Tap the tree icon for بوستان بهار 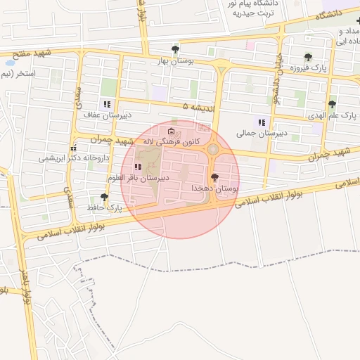point(175,49)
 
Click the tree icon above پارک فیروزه point(308,57)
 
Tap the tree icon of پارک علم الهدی point(332,104)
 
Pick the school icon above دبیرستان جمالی point(262,122)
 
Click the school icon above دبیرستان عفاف point(107,104)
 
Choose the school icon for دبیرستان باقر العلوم point(138,167)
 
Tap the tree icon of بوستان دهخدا point(214,177)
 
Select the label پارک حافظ point(104,209)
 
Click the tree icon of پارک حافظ point(105,197)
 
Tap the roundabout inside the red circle point(212,148)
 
